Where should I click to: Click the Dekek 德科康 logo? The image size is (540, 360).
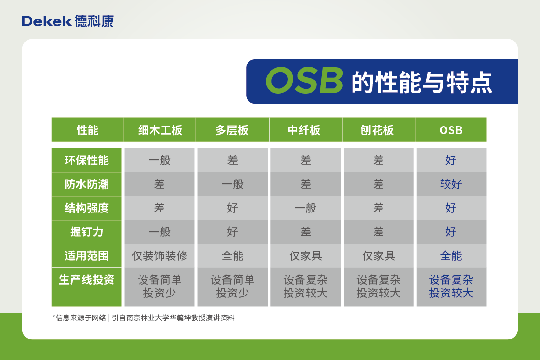[x=67, y=21]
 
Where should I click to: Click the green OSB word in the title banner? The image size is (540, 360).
[x=304, y=81]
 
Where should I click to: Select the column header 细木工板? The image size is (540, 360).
[x=160, y=130]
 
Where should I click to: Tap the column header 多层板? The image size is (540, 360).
[x=232, y=130]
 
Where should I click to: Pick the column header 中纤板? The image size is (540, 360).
[x=305, y=130]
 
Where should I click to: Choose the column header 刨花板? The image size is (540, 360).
[x=378, y=130]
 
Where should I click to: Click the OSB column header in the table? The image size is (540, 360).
[x=451, y=130]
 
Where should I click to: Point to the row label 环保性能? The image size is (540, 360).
[x=87, y=160]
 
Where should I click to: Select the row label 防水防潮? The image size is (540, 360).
[x=87, y=184]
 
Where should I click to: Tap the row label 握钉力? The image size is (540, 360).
[x=87, y=232]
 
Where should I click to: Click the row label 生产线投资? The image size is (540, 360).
[x=87, y=280]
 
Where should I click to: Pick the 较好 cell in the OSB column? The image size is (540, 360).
[x=451, y=184]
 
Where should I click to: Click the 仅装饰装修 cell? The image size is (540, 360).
[x=160, y=256]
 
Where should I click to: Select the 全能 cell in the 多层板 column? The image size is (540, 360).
[x=232, y=256]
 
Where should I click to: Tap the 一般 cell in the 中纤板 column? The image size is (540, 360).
[x=305, y=208]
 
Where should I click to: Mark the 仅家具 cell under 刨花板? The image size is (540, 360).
[x=378, y=256]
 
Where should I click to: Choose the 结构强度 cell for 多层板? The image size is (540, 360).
[x=232, y=208]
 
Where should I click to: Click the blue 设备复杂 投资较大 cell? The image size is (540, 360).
[x=451, y=286]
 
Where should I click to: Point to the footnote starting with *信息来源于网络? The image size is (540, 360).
[x=143, y=318]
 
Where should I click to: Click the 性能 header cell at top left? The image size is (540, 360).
[x=87, y=130]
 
